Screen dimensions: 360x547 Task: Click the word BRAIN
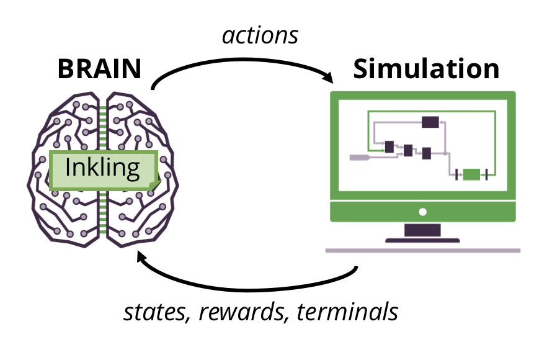pos(99,69)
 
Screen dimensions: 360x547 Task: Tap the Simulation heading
pos(426,69)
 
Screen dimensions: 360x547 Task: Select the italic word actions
pos(260,35)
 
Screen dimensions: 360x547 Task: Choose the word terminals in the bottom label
pos(347,312)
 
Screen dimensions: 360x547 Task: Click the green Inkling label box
pos(103,169)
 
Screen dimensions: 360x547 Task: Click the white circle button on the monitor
pos(423,212)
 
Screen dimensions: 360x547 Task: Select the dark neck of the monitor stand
pos(423,230)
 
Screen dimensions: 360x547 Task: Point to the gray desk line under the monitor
pos(423,250)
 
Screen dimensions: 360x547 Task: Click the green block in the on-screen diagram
pos(471,174)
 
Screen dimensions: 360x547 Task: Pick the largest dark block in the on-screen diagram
pos(430,122)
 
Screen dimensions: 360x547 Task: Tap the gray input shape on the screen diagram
pos(360,158)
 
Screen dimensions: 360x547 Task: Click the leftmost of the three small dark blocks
pos(389,147)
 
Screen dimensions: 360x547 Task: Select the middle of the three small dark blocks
pos(407,150)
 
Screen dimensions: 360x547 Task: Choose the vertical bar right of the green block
pos(487,174)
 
